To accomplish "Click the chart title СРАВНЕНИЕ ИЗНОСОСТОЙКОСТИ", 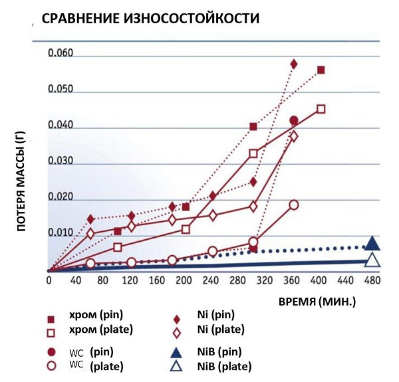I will [x=150, y=19].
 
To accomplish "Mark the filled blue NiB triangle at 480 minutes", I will [x=372, y=243].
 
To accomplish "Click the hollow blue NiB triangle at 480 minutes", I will [x=372, y=260].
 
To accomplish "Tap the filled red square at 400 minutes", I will [x=321, y=70].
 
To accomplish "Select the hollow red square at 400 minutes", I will [x=321, y=109].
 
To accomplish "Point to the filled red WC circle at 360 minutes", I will [x=294, y=120].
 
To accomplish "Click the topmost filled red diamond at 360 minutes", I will [x=294, y=64].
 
